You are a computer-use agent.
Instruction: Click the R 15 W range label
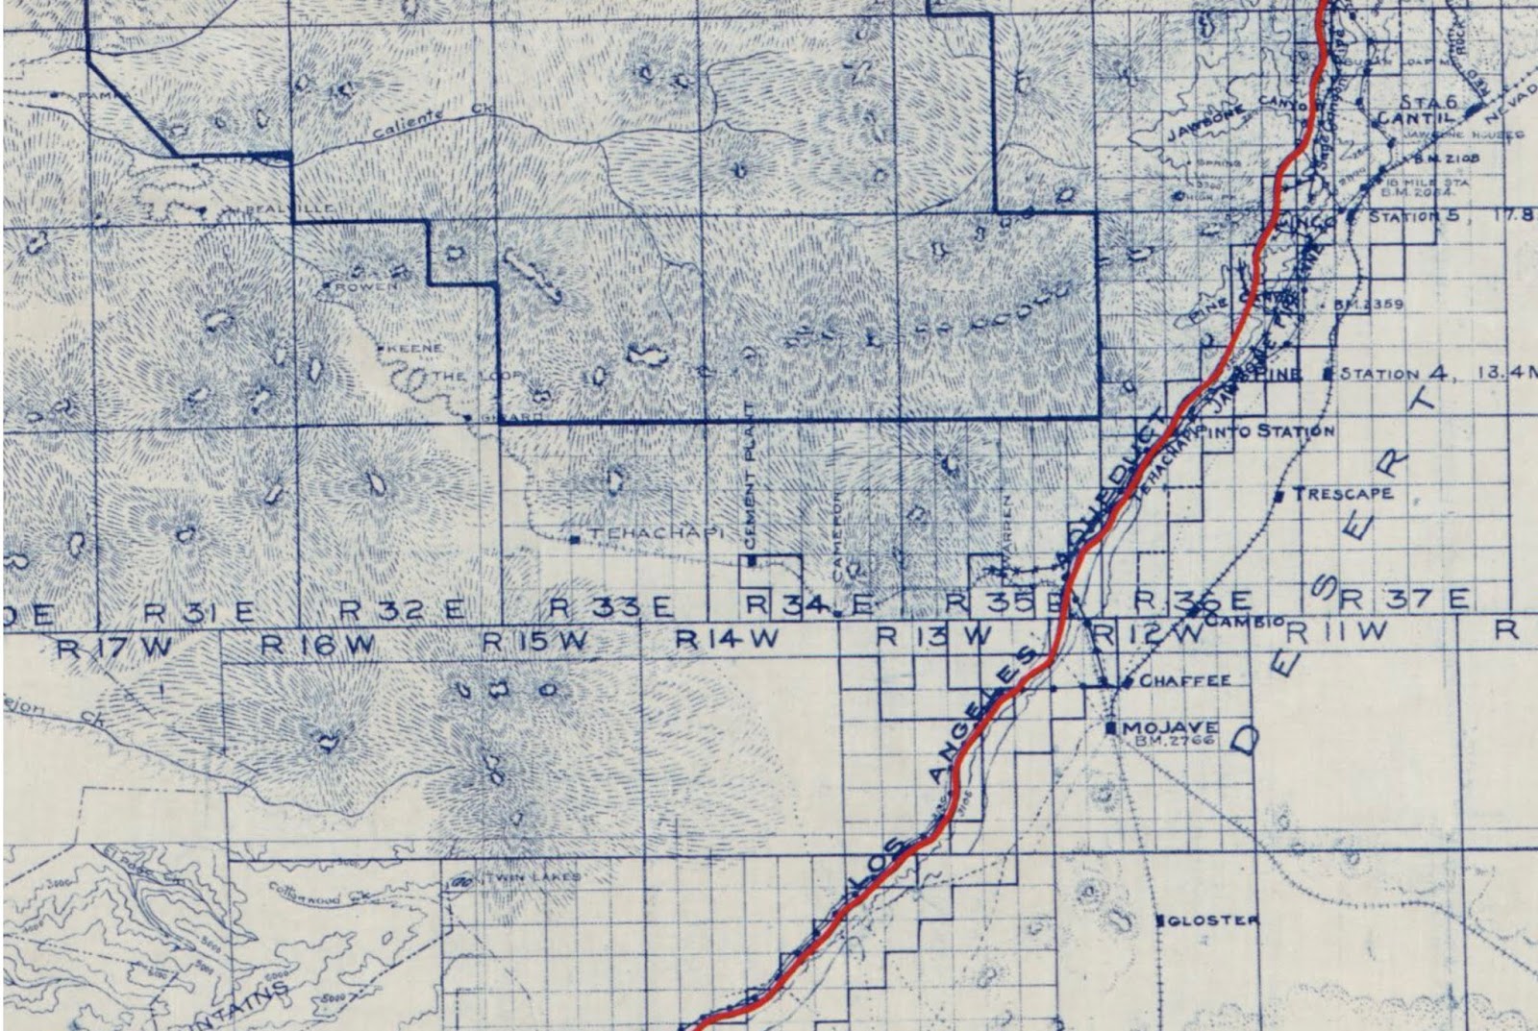pos(535,641)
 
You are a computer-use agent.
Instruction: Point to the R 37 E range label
pos(1404,600)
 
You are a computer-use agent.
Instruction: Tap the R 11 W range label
pos(1337,632)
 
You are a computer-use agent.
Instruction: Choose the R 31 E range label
pos(200,611)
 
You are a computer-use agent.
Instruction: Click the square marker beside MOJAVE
pos(1112,728)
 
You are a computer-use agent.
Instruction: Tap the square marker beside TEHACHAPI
pos(574,539)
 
